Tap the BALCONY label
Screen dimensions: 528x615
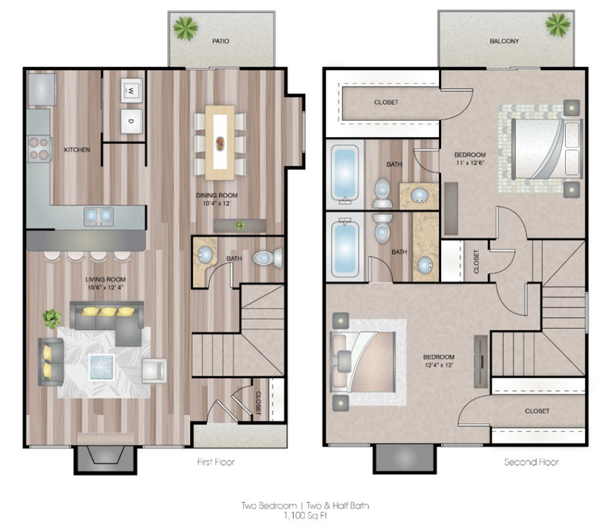[504, 41]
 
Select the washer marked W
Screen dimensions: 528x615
[131, 91]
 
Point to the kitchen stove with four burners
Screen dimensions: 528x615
[38, 146]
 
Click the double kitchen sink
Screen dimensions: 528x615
[98, 215]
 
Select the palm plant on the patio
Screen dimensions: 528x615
[186, 28]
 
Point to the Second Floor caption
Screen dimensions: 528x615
[531, 463]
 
